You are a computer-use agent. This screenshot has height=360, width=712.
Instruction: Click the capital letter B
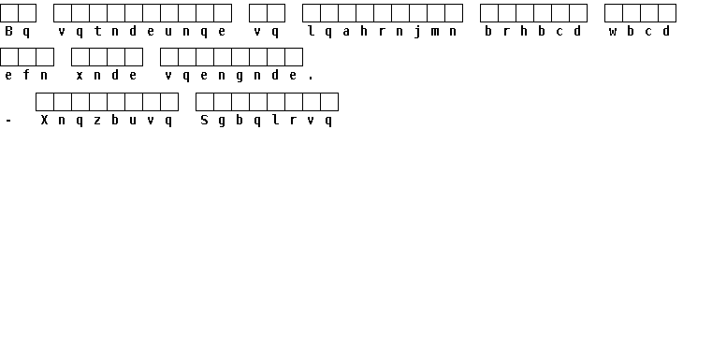coord(8,31)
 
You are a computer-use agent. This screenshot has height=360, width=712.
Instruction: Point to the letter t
coord(97,31)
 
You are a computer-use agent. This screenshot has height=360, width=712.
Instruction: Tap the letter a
coord(346,31)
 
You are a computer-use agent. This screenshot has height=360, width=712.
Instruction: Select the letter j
coord(417,32)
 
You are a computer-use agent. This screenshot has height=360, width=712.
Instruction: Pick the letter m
coord(435,32)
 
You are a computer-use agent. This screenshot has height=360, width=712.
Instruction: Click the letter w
coord(613,32)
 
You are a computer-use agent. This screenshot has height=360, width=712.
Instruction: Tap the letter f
coord(26,75)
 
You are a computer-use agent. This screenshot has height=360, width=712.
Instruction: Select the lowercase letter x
coord(80,76)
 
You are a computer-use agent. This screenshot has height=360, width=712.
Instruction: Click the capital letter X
coord(44,120)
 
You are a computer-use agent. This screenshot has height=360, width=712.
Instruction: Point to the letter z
coord(97,121)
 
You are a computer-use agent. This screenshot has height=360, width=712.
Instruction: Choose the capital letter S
coord(204,120)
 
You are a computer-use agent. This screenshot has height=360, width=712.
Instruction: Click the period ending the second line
coord(311,79)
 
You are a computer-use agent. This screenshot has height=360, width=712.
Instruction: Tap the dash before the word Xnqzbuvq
coord(8,121)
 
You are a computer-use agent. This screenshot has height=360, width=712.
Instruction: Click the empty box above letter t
coord(97,13)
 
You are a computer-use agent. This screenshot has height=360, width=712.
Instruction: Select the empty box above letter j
coord(418,13)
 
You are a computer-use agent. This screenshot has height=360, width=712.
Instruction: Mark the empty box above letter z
coord(97,102)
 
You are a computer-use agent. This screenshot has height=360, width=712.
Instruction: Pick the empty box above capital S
coord(204,102)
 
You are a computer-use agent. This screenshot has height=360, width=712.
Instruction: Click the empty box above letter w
coord(614,13)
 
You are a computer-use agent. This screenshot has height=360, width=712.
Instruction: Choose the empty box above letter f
coord(27,57)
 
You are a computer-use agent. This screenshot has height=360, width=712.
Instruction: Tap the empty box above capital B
coord(9,13)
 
